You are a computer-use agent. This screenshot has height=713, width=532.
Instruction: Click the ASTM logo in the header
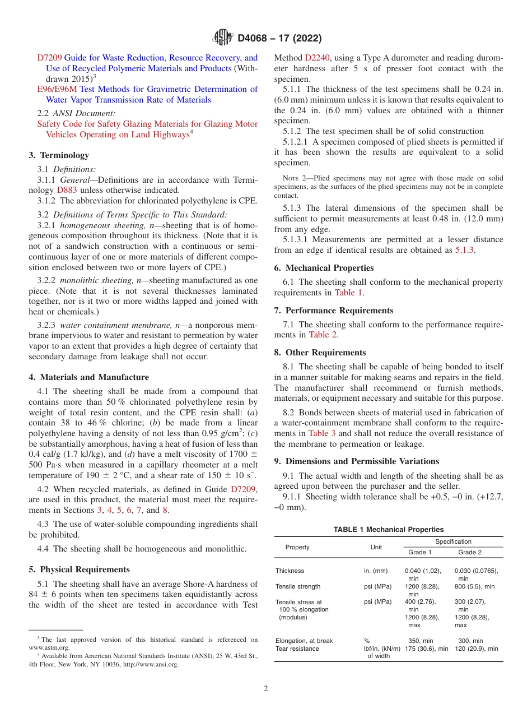(x=223, y=38)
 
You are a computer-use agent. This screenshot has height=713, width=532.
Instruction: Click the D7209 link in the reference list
(x=49, y=58)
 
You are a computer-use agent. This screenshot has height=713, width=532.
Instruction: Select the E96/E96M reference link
(x=57, y=89)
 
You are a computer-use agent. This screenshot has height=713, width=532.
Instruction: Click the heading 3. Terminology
(x=58, y=155)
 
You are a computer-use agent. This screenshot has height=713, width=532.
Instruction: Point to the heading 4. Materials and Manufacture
(x=88, y=377)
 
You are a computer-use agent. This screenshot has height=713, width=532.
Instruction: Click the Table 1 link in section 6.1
(x=348, y=293)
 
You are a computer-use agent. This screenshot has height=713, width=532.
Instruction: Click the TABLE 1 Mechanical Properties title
(x=388, y=529)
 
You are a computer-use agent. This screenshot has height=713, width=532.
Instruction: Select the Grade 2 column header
(x=470, y=552)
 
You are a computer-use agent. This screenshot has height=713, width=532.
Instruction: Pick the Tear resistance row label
(x=297, y=649)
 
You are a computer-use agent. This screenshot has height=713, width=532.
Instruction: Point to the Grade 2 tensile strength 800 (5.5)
(x=474, y=586)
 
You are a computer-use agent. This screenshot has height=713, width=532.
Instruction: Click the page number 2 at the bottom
(x=266, y=689)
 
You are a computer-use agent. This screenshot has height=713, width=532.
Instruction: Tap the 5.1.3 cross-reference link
(x=466, y=251)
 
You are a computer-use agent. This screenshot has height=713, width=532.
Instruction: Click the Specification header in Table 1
(x=453, y=541)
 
